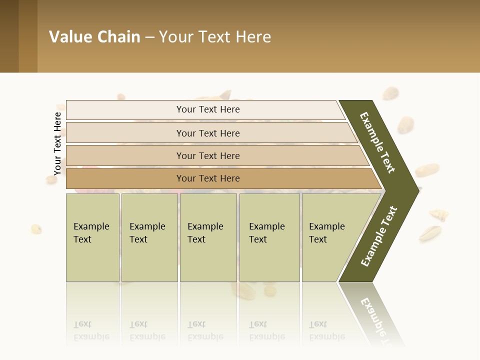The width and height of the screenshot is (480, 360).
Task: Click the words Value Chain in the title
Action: (x=94, y=37)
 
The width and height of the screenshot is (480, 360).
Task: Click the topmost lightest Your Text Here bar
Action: (x=207, y=109)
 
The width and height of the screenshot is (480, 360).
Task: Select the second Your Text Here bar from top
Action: (x=207, y=133)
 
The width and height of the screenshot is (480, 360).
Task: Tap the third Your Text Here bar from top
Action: (x=207, y=155)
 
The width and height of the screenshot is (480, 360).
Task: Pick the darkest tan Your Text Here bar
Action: (x=207, y=178)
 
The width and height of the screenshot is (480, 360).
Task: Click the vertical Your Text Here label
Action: (x=57, y=143)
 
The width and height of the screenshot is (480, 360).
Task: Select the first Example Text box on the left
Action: (x=92, y=237)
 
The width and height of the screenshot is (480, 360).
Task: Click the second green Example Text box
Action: (x=149, y=237)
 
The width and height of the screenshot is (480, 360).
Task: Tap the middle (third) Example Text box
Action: (x=208, y=237)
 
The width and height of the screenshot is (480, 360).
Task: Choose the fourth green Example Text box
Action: (x=269, y=237)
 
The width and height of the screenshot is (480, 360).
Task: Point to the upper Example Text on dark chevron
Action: (x=377, y=142)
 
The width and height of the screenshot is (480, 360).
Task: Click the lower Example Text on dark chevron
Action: (x=379, y=236)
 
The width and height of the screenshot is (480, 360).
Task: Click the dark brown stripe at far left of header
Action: (x=9, y=36)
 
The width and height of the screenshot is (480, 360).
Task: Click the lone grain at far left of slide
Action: (x=36, y=229)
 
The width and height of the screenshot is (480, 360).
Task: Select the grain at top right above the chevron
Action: (x=390, y=93)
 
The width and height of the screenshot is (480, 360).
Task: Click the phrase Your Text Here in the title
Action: (x=215, y=37)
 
